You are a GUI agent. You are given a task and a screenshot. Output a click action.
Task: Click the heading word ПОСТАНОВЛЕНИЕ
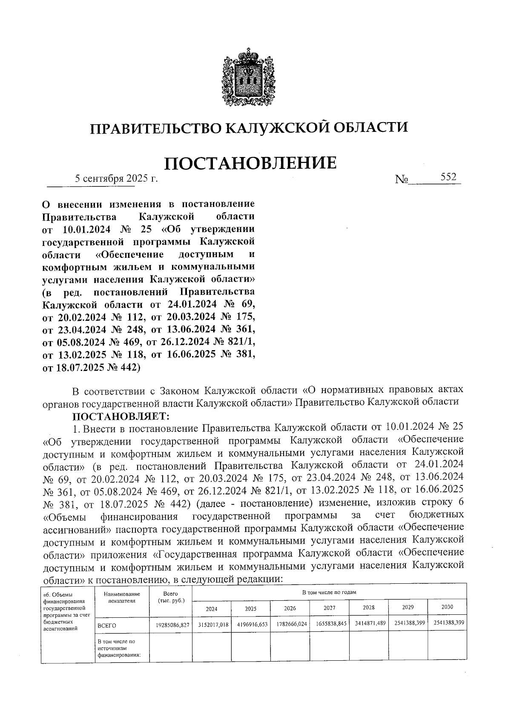(x=250, y=163)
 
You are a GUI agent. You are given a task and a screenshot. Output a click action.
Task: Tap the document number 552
(x=448, y=177)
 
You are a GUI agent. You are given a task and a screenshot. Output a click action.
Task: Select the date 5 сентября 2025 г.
(x=116, y=179)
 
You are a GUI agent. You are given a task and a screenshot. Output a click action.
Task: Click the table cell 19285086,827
(x=170, y=625)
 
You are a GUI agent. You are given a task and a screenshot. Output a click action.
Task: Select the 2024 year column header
(x=212, y=609)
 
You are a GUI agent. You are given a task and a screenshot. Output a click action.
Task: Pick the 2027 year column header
(x=329, y=608)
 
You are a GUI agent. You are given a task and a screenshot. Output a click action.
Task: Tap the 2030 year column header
(x=447, y=607)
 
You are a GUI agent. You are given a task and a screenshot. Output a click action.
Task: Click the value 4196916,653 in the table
(x=250, y=624)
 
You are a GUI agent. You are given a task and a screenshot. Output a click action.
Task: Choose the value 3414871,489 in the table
(x=368, y=623)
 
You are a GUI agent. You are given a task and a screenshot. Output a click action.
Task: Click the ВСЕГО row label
(x=107, y=625)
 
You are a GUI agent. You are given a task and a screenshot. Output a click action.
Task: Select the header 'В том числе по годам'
(x=329, y=592)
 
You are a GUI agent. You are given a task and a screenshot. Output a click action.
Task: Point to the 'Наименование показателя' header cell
(x=122, y=597)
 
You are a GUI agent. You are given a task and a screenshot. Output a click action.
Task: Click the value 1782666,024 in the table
(x=290, y=624)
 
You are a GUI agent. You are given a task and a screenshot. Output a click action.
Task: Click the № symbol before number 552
(x=402, y=180)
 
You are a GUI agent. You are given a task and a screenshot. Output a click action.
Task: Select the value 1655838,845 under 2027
(x=329, y=624)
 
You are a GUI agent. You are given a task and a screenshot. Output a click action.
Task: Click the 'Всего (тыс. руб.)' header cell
(x=170, y=597)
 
